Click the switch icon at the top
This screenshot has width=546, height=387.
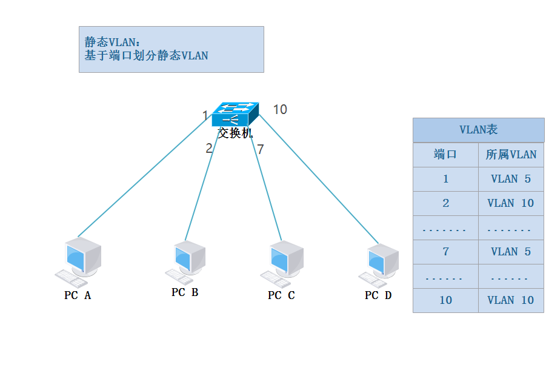[235, 113]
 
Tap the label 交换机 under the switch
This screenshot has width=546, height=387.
[235, 133]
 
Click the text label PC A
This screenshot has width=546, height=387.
[78, 295]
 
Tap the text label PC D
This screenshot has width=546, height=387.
[378, 295]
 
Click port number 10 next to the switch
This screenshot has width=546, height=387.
[280, 110]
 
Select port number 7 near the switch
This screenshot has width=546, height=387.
[261, 149]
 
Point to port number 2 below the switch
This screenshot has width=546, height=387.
[209, 149]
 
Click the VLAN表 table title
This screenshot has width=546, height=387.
[478, 130]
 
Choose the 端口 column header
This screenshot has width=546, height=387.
[445, 155]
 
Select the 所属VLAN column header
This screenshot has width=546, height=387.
[511, 155]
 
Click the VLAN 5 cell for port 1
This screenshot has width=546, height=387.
[511, 179]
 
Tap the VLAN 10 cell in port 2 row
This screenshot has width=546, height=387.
[511, 203]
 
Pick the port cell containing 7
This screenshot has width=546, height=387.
[445, 252]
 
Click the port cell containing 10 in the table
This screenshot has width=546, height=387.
[445, 300]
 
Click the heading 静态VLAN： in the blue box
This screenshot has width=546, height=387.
[113, 42]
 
